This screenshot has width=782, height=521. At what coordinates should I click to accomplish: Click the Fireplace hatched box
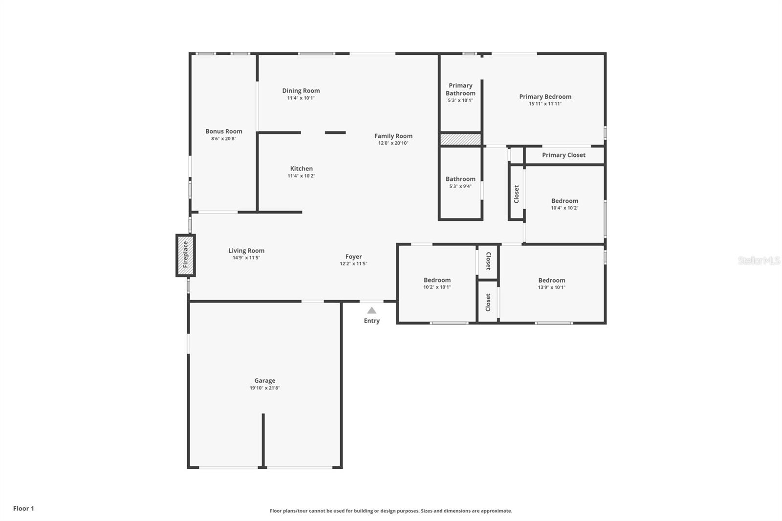186,255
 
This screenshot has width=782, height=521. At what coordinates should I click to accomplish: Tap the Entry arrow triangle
371,310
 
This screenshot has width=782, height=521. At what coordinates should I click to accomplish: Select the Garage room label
264,381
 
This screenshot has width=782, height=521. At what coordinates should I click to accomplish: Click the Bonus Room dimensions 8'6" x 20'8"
223,139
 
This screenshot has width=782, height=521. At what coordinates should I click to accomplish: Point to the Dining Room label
301,90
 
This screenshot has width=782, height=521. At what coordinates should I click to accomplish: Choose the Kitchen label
301,169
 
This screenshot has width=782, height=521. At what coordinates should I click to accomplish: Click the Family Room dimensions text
393,143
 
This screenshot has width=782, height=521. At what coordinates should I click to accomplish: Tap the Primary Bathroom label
460,89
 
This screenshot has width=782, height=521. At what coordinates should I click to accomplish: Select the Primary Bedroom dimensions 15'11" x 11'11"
545,104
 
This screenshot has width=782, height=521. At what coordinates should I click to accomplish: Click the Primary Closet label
564,155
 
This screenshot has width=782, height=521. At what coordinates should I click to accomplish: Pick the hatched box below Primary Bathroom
460,139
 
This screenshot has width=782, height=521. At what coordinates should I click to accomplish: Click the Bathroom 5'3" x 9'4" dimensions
460,186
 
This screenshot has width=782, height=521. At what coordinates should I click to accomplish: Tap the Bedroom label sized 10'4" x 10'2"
565,201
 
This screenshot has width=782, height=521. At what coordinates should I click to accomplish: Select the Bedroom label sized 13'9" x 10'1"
551,280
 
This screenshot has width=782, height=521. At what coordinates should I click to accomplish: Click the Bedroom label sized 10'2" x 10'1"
437,280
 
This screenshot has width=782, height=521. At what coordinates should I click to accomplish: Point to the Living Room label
246,251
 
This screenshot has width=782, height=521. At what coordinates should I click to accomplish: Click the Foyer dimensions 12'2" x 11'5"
353,264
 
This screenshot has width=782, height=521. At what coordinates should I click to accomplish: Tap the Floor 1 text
23,508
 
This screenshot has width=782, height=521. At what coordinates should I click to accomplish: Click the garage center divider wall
263,440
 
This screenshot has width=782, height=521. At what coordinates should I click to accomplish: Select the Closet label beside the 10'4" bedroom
517,194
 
